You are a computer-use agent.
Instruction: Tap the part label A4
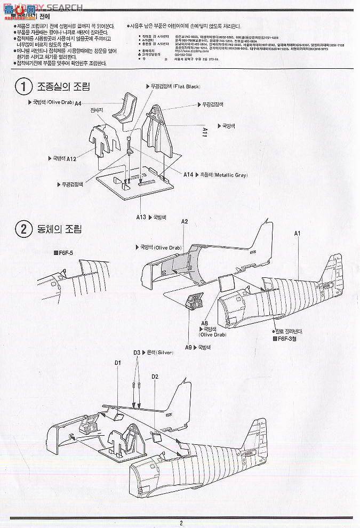tap(78, 103)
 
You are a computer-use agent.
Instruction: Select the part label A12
tap(72, 158)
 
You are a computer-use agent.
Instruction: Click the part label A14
tap(188, 174)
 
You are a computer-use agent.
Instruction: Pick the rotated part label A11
tap(204, 131)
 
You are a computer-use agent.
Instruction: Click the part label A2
tap(185, 221)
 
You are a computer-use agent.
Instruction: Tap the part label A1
tap(298, 233)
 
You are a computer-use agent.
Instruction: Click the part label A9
tap(188, 347)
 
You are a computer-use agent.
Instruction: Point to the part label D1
tap(118, 363)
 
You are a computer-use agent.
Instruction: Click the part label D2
tap(155, 377)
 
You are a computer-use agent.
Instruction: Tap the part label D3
tap(137, 353)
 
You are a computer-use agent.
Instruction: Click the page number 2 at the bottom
tap(181, 523)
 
